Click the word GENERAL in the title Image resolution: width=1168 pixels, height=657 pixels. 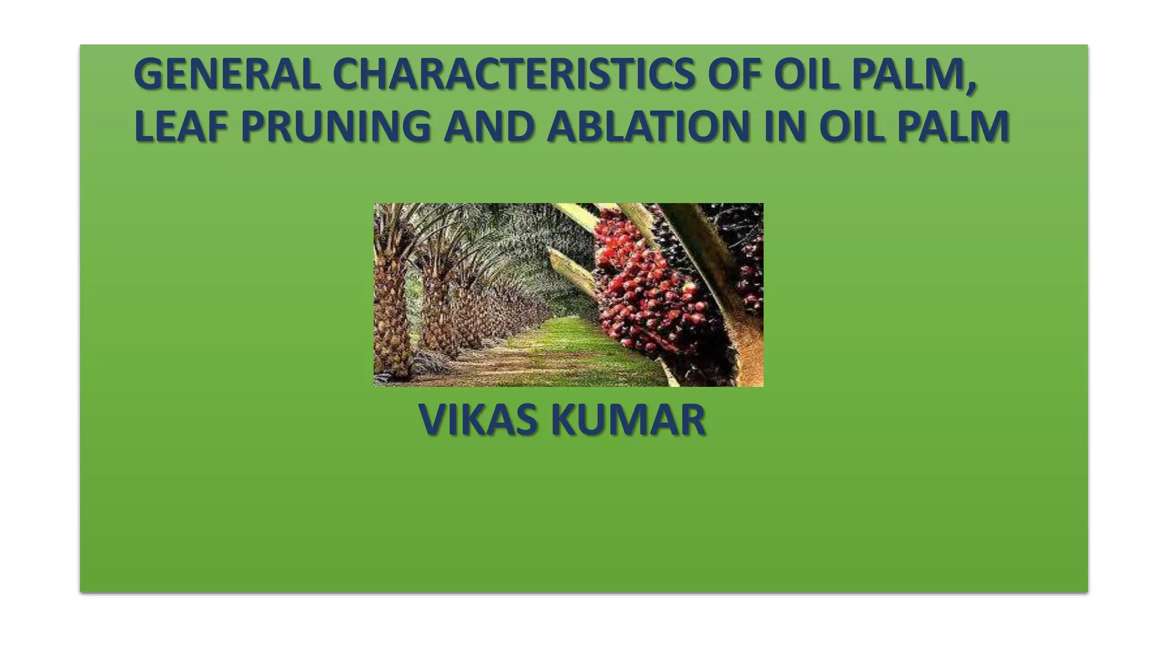227,75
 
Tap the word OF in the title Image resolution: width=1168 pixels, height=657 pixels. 734,75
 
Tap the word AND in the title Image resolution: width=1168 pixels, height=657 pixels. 489,127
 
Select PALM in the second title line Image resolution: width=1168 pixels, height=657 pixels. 953,127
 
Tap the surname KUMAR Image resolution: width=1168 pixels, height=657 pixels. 628,420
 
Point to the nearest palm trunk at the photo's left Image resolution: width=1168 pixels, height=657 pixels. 391,319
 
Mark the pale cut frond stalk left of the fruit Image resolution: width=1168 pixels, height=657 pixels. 570,268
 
